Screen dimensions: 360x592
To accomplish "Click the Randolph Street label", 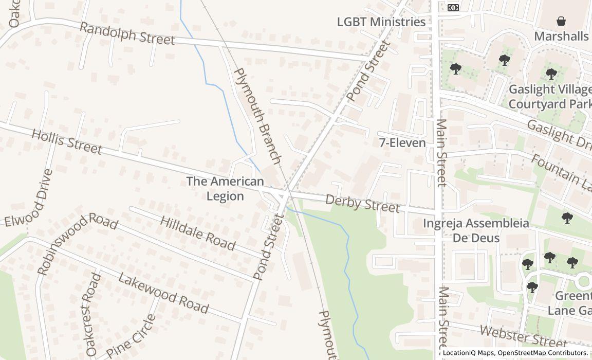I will [127, 33].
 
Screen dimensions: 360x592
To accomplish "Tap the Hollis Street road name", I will [67, 141].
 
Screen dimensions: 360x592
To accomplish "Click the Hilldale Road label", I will [198, 233].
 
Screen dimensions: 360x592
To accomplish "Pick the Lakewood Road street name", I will [163, 293].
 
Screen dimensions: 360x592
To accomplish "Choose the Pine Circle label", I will [131, 337].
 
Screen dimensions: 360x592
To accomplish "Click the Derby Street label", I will [362, 204].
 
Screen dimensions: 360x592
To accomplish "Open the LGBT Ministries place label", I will [381, 22].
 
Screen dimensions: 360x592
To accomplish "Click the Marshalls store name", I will [561, 36].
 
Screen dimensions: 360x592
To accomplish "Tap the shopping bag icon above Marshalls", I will [561, 21].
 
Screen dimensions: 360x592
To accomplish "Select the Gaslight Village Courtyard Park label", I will [549, 97].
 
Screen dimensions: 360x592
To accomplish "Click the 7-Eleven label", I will [402, 143].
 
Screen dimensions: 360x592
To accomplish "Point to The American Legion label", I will [225, 189].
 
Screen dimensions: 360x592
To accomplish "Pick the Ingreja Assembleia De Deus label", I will [476, 230].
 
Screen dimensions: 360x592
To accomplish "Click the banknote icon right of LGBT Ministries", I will [453, 7].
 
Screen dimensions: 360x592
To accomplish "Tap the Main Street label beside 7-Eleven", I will [441, 153].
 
